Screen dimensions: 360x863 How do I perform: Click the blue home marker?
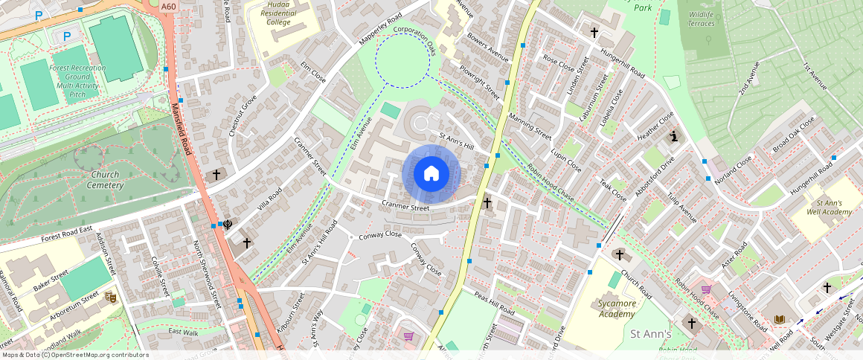pos(431,174)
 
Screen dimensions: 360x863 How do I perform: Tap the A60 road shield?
pos(169,7)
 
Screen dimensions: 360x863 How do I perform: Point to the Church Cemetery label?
pos(105,179)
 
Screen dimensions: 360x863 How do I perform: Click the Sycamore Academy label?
pos(617,308)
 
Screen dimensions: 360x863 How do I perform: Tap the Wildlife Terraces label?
pos(701,18)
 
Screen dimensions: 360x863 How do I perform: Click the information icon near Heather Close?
pos(674,137)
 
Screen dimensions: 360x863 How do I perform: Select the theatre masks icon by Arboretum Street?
pos(111,298)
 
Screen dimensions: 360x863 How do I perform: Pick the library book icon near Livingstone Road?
pos(780,319)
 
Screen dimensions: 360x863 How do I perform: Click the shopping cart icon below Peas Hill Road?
pos(408,336)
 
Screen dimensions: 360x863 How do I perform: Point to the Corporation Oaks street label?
pos(414,40)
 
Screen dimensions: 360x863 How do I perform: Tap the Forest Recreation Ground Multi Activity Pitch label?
pos(77,81)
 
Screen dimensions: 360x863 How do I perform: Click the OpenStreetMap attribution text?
pos(74,355)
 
